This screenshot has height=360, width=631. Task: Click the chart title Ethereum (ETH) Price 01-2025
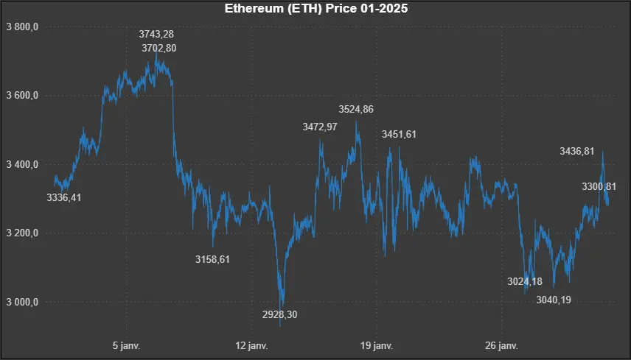pyautogui.click(x=315, y=10)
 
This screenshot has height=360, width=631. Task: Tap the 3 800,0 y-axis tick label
pyautogui.click(x=21, y=27)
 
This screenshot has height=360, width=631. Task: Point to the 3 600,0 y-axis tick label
pyautogui.click(x=21, y=96)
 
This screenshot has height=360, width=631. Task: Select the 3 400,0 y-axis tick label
pyautogui.click(x=21, y=164)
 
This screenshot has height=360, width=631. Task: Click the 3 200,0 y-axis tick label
pyautogui.click(x=21, y=233)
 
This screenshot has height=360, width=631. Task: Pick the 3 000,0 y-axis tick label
pyautogui.click(x=21, y=302)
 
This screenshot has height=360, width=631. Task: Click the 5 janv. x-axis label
pyautogui.click(x=126, y=345)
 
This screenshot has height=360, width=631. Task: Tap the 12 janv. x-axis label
pyautogui.click(x=251, y=345)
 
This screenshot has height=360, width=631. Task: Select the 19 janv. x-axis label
pyautogui.click(x=375, y=345)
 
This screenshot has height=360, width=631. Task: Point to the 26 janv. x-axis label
pyautogui.click(x=500, y=345)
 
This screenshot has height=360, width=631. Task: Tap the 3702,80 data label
pyautogui.click(x=159, y=48)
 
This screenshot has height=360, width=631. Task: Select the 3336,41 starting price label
pyautogui.click(x=63, y=197)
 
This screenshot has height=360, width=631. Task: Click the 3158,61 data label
pyautogui.click(x=212, y=259)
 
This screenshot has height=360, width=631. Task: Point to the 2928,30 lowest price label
pyautogui.click(x=280, y=314)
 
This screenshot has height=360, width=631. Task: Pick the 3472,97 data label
pyautogui.click(x=320, y=127)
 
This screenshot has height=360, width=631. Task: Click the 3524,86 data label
pyautogui.click(x=356, y=110)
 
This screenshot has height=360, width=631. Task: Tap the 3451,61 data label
pyautogui.click(x=399, y=134)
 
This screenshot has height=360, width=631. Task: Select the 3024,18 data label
pyautogui.click(x=525, y=281)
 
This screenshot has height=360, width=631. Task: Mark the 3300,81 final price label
pyautogui.click(x=599, y=186)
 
